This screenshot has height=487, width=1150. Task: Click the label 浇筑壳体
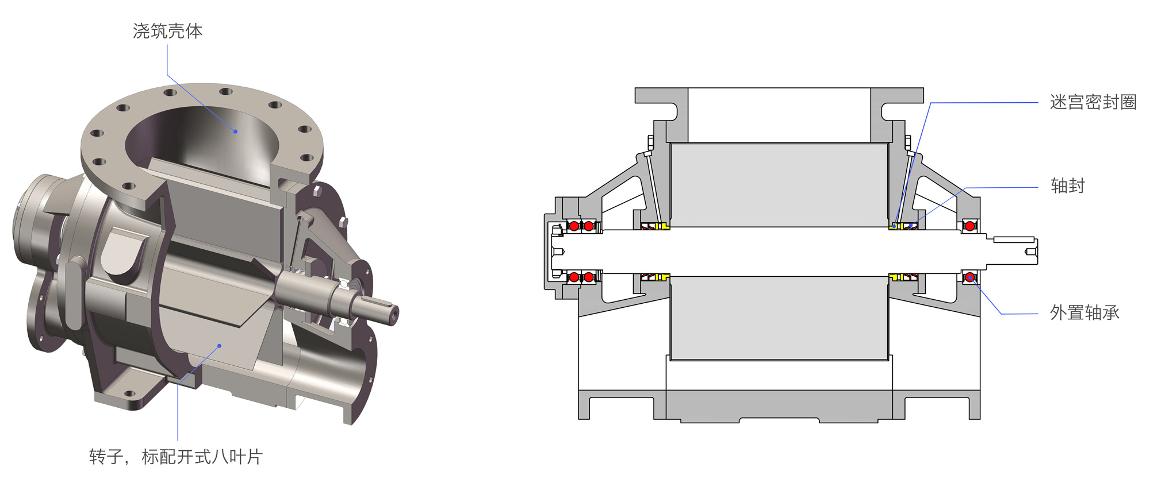(x=167, y=31)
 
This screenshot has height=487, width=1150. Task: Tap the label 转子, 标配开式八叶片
(x=176, y=457)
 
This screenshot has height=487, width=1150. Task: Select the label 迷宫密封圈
(x=1093, y=102)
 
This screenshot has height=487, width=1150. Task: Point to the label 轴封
(x=1067, y=186)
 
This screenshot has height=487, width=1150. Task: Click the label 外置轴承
(x=1084, y=313)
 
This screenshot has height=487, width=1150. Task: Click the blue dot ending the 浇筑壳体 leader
(x=235, y=132)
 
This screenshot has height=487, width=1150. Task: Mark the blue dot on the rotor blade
(x=220, y=346)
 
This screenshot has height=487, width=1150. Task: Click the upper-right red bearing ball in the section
(x=970, y=226)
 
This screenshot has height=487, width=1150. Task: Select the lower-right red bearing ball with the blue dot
(x=970, y=277)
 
